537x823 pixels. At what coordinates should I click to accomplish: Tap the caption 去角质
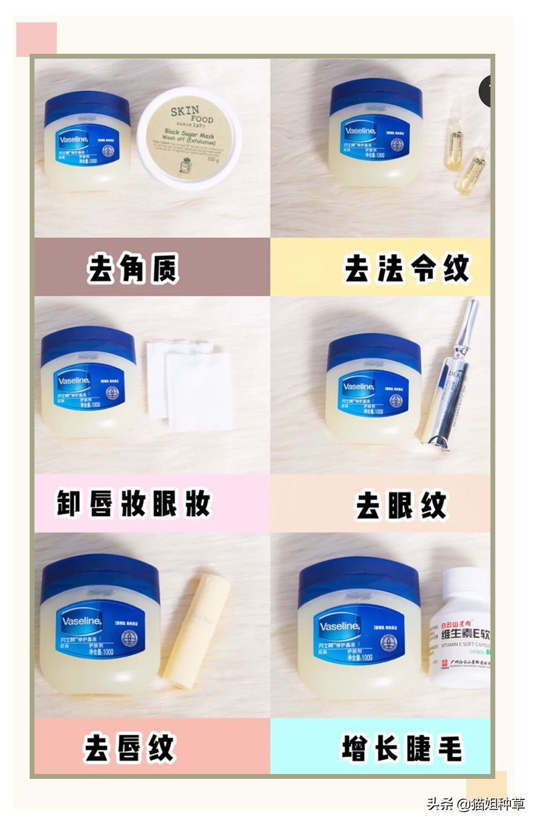(133, 268)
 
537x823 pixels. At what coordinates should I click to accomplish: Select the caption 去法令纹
(406, 268)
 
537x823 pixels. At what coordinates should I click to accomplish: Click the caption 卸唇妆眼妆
(134, 503)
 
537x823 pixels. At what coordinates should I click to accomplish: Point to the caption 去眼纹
(401, 506)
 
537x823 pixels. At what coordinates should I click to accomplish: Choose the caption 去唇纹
(129, 748)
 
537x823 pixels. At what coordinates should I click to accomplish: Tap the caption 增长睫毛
(402, 748)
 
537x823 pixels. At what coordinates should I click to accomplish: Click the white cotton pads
(189, 385)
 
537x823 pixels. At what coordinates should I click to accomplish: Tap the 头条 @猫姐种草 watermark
(476, 804)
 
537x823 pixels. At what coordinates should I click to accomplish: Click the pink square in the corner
(36, 39)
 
